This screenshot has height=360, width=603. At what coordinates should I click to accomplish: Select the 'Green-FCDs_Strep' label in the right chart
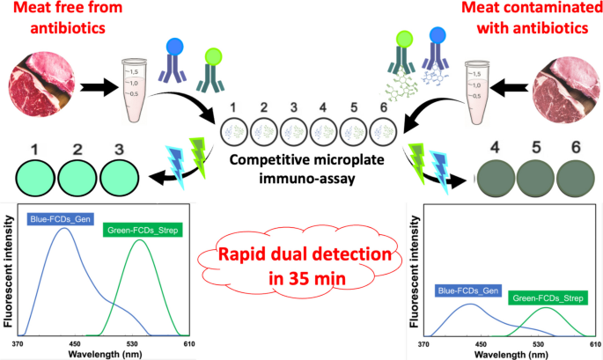[546, 298]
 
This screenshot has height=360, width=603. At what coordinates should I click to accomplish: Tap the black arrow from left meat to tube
[98, 88]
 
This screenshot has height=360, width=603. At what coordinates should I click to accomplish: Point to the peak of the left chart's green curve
[139, 240]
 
